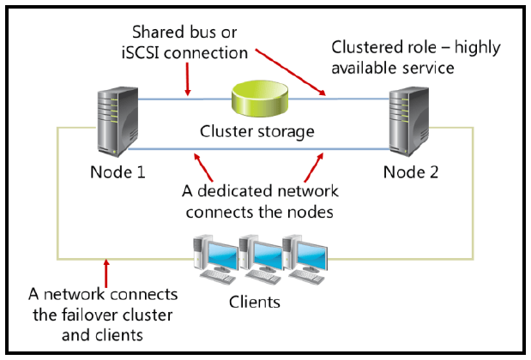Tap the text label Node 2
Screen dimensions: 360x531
click(410, 171)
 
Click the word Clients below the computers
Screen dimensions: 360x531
click(254, 303)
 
